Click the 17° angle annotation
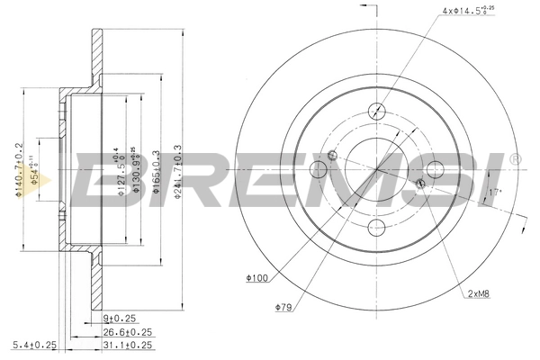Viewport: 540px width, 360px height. coord(492,193)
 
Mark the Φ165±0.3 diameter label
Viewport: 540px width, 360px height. coord(157,170)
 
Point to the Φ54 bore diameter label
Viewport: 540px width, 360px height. coord(34,170)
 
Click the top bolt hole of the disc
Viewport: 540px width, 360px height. coord(377,112)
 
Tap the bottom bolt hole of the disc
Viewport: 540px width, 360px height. coord(376,226)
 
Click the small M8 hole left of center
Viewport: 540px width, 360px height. coord(333,156)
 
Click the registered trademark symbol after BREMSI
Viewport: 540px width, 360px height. coord(515,158)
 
